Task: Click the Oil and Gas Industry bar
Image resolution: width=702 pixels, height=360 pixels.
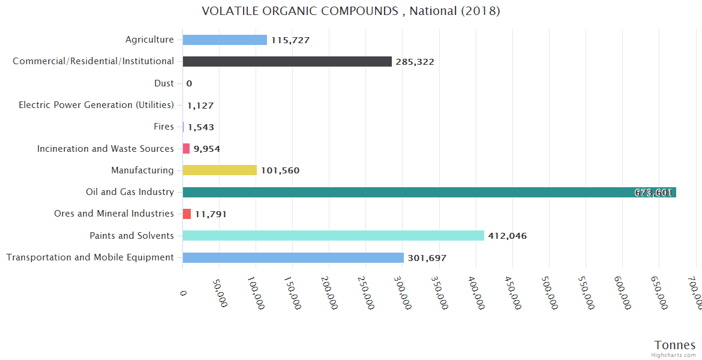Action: [x=429, y=192]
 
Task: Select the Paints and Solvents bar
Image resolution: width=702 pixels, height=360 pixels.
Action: [x=333, y=236]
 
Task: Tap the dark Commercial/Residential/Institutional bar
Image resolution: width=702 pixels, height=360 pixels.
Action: [x=287, y=61]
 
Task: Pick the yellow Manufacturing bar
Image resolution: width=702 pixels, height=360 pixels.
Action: [x=220, y=170]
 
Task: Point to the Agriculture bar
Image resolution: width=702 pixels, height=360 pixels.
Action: [x=224, y=40]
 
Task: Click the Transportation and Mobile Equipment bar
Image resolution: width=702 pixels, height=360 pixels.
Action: [x=293, y=257]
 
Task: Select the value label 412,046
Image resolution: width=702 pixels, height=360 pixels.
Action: [x=507, y=236]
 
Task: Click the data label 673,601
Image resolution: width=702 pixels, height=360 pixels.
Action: [x=653, y=193]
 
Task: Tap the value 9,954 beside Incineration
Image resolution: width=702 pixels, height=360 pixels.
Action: [x=206, y=149]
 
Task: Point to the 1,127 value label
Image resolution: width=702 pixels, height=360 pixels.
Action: [x=200, y=106]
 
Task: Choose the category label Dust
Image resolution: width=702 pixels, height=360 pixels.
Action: [x=164, y=83]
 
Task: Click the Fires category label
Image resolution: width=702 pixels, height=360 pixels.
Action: [x=164, y=127]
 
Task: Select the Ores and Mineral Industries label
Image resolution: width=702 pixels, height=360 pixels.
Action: [x=114, y=214]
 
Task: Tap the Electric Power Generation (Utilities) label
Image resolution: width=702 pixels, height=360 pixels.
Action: [x=96, y=105]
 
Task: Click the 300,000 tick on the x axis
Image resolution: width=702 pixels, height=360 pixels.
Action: [x=403, y=294]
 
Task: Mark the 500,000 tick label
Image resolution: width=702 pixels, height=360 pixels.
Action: [x=549, y=294]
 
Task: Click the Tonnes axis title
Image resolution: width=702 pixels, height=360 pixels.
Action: [x=674, y=345]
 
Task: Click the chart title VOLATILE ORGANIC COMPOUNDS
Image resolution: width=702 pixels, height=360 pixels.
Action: [x=350, y=11]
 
